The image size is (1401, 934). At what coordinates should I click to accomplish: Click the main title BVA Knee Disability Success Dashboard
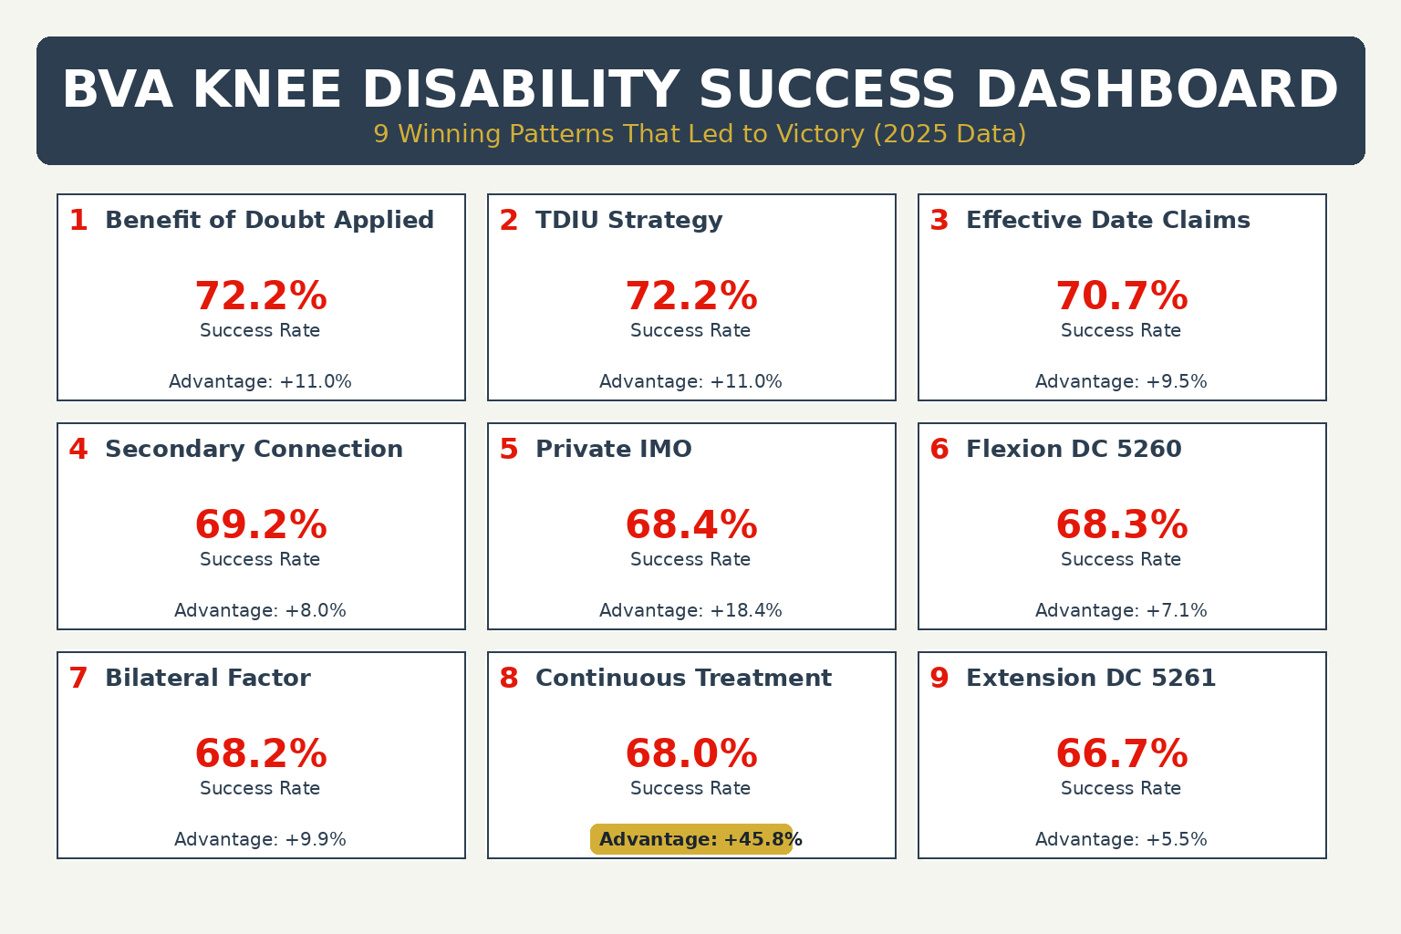coord(700,90)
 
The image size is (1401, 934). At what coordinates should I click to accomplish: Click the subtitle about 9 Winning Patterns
coord(700,134)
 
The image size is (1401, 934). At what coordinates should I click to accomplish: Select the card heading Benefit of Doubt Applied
coord(269,221)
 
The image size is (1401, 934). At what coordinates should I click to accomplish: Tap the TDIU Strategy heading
coord(628,221)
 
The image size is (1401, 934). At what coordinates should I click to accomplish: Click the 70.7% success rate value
coord(1121,296)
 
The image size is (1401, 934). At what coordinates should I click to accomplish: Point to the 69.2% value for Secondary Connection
coord(261,525)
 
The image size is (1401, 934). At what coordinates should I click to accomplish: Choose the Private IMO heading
coord(613,450)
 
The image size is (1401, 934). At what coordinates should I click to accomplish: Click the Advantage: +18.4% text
coord(690,611)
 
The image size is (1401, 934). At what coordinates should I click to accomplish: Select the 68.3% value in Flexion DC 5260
coord(1121,525)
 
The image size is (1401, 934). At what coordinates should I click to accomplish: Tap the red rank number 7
coord(78,679)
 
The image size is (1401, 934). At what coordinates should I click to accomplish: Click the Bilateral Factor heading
coord(207,679)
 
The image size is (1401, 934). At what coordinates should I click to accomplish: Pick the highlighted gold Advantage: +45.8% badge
coord(691,839)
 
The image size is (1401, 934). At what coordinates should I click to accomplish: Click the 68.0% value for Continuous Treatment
coord(691,754)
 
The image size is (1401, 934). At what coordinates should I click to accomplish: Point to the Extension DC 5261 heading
coord(1090,679)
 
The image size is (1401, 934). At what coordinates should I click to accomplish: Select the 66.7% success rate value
coord(1121,754)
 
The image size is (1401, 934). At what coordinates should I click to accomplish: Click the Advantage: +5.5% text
coord(1121,840)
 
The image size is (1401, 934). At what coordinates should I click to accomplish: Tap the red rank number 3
coord(939,221)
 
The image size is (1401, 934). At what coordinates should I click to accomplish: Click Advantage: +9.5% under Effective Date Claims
coord(1121,382)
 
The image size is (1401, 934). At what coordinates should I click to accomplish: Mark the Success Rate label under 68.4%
coord(690,560)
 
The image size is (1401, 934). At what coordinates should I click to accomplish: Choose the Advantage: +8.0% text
coord(260,611)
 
